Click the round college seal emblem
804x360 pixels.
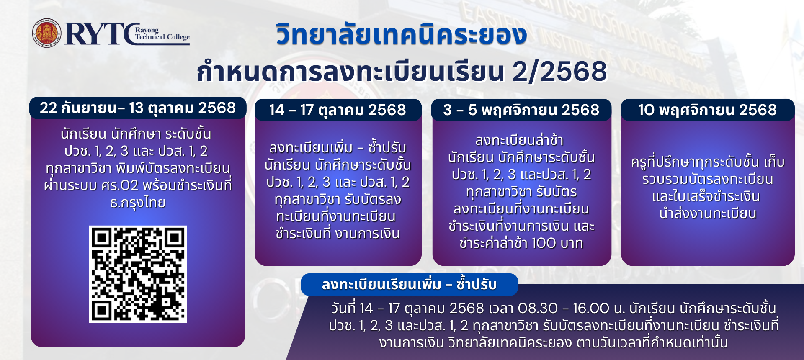pyautogui.click(x=46, y=33)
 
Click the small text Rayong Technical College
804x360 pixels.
pyautogui.click(x=162, y=33)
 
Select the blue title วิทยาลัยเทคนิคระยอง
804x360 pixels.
pyautogui.click(x=401, y=34)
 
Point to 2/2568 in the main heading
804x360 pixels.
pyautogui.click(x=559, y=71)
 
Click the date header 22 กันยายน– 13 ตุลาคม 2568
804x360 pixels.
pyautogui.click(x=138, y=108)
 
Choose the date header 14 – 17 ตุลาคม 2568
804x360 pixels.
pyautogui.click(x=338, y=110)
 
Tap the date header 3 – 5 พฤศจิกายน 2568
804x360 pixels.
pyautogui.click(x=521, y=110)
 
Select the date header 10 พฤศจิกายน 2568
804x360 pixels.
pyautogui.click(x=707, y=110)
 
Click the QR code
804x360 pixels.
pyautogui.click(x=138, y=274)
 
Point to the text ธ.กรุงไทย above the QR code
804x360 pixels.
pyautogui.click(x=138, y=203)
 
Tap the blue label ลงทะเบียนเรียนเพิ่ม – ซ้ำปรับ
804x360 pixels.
pyautogui.click(x=409, y=285)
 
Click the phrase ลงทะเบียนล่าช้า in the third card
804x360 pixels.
pyautogui.click(x=519, y=140)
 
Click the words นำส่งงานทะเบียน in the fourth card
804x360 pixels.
pyautogui.click(x=708, y=213)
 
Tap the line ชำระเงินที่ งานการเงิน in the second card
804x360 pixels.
pyautogui.click(x=338, y=234)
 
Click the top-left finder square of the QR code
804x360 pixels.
pyautogui.click(x=101, y=238)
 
